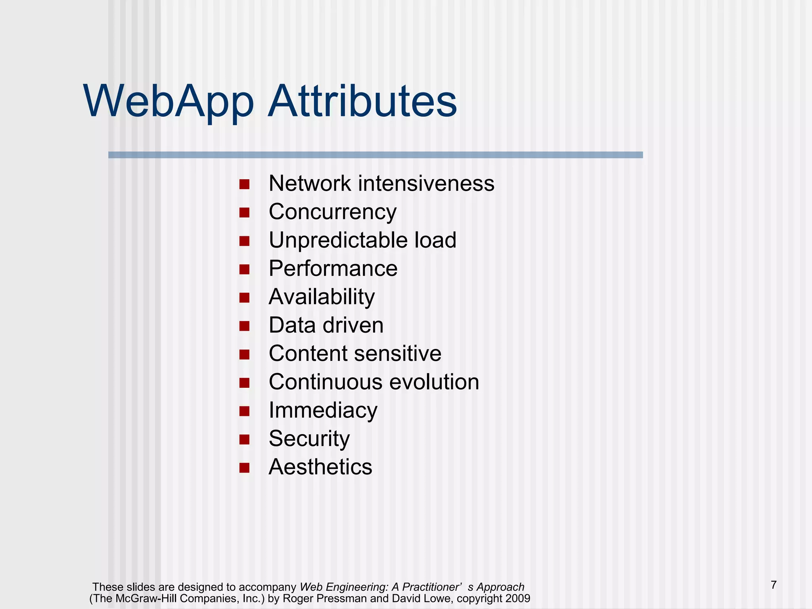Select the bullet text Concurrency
point(332,212)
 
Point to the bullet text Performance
point(333,268)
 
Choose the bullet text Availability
point(322,297)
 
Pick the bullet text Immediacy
point(323,410)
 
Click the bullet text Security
point(309,439)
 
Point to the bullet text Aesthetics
point(320,467)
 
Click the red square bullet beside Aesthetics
point(244,468)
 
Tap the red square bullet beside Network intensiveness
point(244,184)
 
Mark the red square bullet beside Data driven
point(244,326)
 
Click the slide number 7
point(774,585)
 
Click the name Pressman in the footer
point(344,598)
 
